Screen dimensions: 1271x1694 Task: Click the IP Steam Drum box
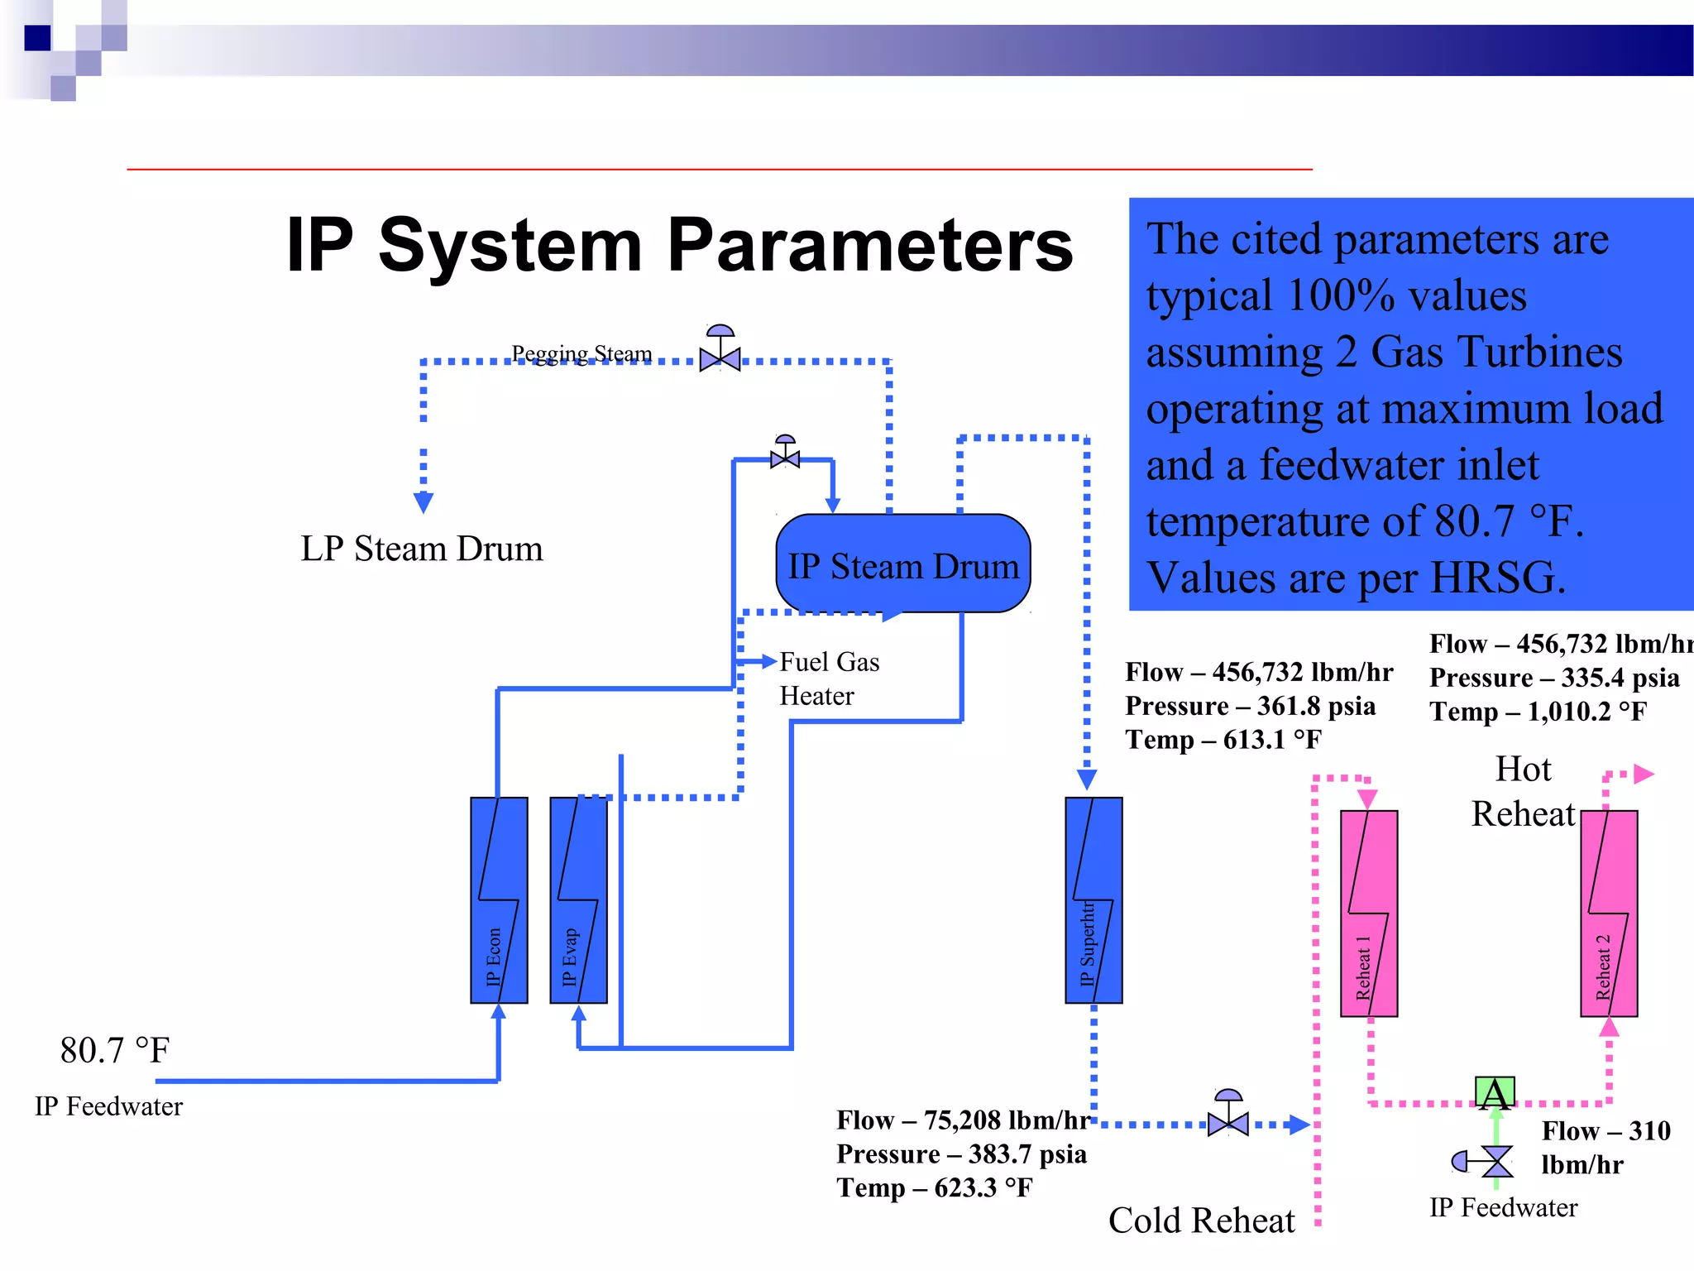coord(903,564)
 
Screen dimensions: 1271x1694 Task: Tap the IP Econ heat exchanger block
coord(498,900)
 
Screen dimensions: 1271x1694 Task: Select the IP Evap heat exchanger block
coord(578,900)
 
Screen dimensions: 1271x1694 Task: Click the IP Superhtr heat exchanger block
coord(1093,900)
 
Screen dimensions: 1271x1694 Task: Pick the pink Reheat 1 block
coord(1368,914)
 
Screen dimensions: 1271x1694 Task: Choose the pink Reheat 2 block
coord(1608,914)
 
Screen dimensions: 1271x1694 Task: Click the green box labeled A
coord(1495,1093)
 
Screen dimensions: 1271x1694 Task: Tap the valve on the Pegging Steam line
coord(720,357)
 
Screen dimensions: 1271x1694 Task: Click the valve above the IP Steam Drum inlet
coord(785,455)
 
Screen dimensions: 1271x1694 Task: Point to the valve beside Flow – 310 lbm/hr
coord(1495,1161)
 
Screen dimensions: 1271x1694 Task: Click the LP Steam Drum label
coord(421,549)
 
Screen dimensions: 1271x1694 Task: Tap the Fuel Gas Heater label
coord(829,679)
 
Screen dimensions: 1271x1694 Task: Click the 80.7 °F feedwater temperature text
coord(114,1051)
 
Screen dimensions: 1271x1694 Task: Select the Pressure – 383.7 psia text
coord(961,1153)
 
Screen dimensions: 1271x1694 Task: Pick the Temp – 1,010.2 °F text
coord(1538,711)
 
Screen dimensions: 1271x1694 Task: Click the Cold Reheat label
coord(1201,1221)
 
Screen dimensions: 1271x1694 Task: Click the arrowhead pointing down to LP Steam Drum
coord(423,502)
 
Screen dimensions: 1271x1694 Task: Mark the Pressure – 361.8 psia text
coord(1250,706)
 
